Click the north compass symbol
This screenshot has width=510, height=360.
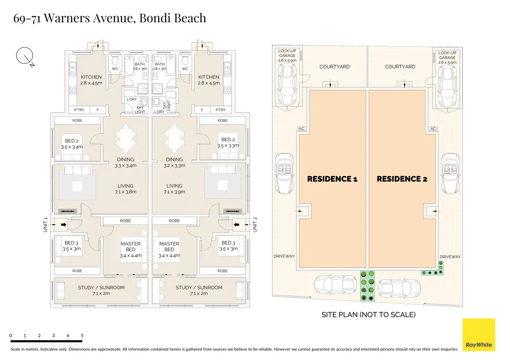click(x=25, y=56)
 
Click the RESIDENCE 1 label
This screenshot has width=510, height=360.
click(x=332, y=179)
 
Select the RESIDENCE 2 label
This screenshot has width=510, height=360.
click(x=402, y=179)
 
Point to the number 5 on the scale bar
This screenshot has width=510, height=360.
click(x=82, y=335)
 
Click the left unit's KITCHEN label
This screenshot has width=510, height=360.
click(x=91, y=77)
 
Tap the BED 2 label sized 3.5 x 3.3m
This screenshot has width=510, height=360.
click(x=228, y=142)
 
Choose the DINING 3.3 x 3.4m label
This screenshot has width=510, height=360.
click(x=125, y=162)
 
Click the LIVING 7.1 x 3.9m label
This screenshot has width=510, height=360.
click(x=174, y=189)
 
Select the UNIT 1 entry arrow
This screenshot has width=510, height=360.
click(x=63, y=225)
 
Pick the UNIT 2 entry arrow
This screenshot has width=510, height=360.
click(x=237, y=225)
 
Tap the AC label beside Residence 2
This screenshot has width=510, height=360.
click(x=433, y=128)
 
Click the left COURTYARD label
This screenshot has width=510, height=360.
click(x=334, y=66)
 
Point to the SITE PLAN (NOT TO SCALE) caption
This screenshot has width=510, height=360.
click(x=368, y=315)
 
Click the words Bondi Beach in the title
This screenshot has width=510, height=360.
click(x=173, y=18)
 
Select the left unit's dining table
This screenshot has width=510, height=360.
click(x=125, y=138)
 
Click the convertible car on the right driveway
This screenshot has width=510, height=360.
click(x=450, y=173)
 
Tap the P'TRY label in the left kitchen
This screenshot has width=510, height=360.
click(x=79, y=110)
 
